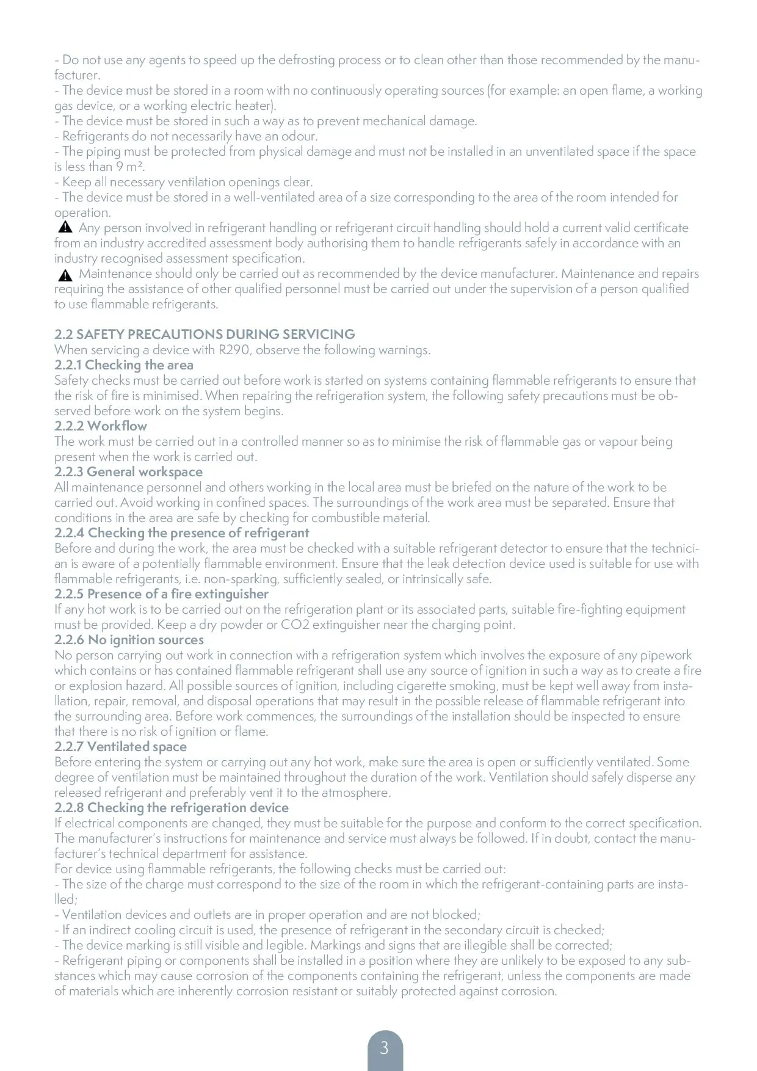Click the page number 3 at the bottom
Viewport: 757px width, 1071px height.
pyautogui.click(x=384, y=1048)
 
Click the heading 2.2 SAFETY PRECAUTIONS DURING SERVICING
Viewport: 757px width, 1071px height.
pyautogui.click(x=205, y=334)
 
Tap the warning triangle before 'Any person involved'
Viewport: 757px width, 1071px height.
pyautogui.click(x=65, y=227)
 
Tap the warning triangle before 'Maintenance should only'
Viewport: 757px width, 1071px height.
pyautogui.click(x=65, y=274)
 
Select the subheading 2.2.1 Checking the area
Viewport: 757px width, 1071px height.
pyautogui.click(x=124, y=365)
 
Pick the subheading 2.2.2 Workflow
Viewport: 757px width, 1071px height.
pyautogui.click(x=101, y=426)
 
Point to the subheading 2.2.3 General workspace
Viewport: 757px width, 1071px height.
pyautogui.click(x=128, y=471)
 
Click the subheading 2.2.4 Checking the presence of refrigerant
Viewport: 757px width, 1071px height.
pyautogui.click(x=182, y=532)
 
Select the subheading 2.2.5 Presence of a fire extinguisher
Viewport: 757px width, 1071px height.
pyautogui.click(x=161, y=594)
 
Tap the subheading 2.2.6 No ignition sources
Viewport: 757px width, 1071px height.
pyautogui.click(x=129, y=639)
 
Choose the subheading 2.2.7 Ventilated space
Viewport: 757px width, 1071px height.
pyautogui.click(x=120, y=746)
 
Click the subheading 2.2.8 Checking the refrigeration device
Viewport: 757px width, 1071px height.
pyautogui.click(x=172, y=807)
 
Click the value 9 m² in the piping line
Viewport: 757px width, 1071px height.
pyautogui.click(x=130, y=166)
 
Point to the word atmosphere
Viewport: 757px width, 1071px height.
pyautogui.click(x=355, y=793)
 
